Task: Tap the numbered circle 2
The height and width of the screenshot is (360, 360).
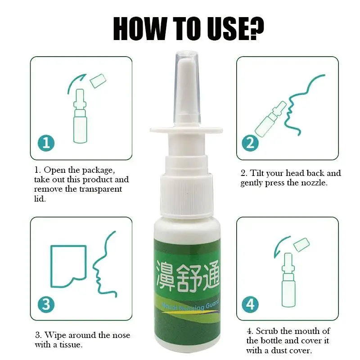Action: click(251, 144)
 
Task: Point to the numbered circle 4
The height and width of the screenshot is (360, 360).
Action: click(251, 305)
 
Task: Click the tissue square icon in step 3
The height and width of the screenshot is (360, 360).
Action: click(67, 265)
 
